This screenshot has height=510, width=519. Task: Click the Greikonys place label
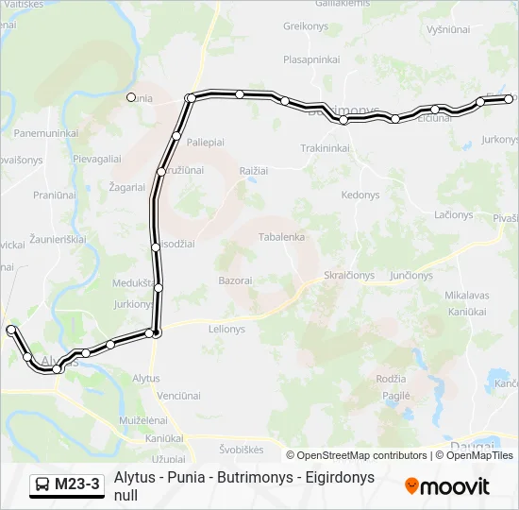point(304,26)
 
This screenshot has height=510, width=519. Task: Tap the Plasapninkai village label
point(312,59)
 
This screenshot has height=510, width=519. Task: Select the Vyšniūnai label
point(448,30)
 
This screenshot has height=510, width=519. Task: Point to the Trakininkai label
point(326,148)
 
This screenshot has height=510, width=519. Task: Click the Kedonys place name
point(360,195)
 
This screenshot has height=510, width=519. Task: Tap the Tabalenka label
point(281,237)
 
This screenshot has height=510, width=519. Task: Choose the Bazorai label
point(235,280)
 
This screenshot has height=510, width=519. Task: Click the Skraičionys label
point(349,276)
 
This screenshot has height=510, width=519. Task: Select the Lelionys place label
point(226,330)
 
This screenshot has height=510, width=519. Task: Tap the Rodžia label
point(391,379)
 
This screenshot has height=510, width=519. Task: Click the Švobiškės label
point(242,450)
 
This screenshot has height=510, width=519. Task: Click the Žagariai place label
point(126,187)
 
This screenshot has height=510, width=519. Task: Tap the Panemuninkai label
point(46,133)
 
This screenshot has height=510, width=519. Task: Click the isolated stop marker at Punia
point(131,96)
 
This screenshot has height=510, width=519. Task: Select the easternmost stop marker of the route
point(510,98)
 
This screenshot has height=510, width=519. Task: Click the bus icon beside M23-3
point(42,485)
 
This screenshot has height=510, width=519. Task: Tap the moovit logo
point(447,485)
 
